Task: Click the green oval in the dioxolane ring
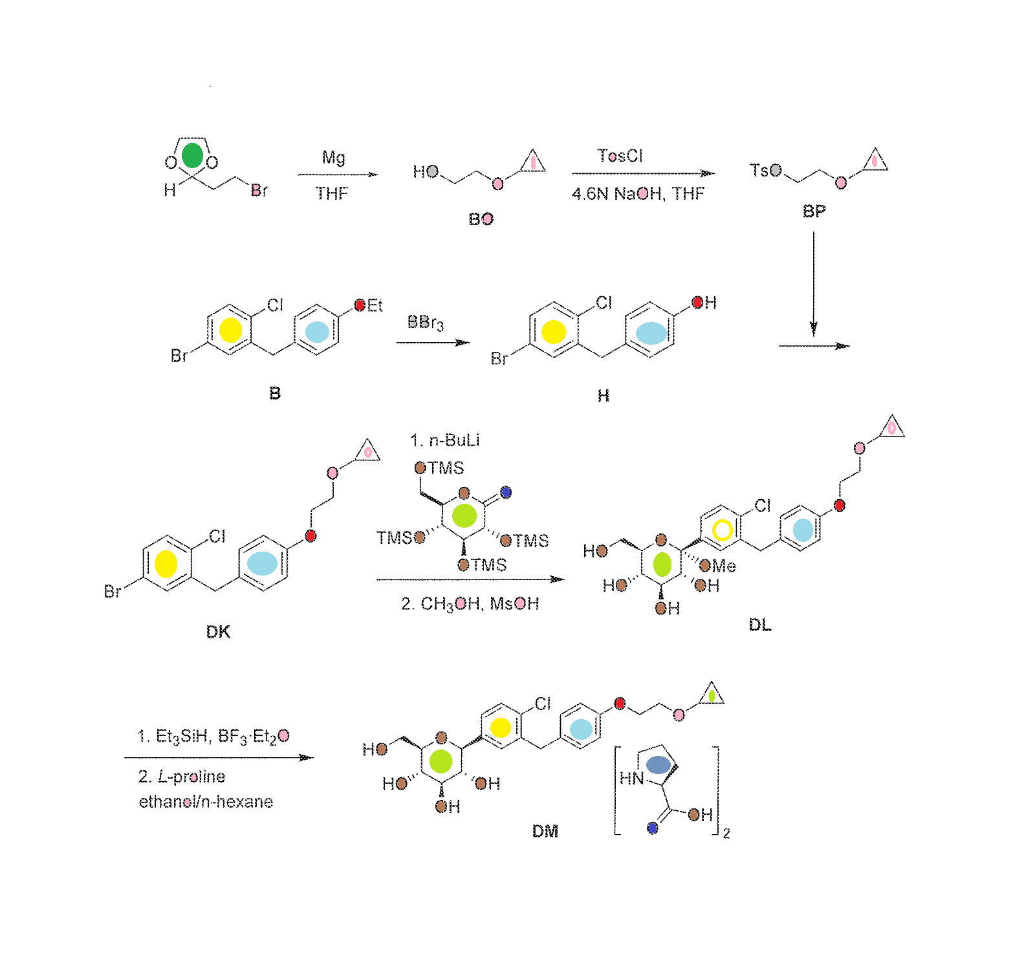tap(192, 156)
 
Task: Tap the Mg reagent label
tap(333, 157)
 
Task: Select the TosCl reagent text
tap(620, 156)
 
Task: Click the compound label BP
tap(814, 211)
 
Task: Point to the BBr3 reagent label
tap(425, 322)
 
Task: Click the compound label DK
tap(218, 632)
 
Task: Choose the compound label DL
tap(759, 625)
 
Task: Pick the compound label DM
tap(545, 831)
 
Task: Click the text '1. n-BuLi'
tap(444, 440)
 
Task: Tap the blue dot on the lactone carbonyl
tap(506, 492)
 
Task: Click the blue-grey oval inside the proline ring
tap(658, 765)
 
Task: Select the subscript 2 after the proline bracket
tap(726, 834)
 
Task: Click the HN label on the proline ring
tap(631, 778)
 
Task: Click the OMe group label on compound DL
tap(718, 566)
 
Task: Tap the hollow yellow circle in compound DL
tap(722, 530)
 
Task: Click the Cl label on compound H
tap(604, 303)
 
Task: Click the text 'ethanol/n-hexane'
tap(206, 802)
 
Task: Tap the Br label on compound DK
tap(113, 591)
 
